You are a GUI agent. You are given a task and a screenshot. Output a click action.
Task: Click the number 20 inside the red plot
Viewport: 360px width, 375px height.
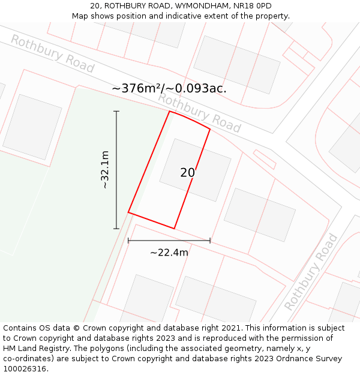pyautogui.click(x=188, y=173)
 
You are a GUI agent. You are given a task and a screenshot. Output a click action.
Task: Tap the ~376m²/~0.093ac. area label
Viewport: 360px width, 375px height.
pyautogui.click(x=169, y=88)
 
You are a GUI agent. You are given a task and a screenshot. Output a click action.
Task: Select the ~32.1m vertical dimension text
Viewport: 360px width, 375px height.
pyautogui.click(x=105, y=170)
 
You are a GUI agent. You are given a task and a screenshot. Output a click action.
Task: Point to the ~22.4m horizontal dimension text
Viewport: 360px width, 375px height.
pyautogui.click(x=169, y=253)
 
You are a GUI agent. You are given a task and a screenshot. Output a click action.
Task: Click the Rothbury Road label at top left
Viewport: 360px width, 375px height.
pyautogui.click(x=52, y=54)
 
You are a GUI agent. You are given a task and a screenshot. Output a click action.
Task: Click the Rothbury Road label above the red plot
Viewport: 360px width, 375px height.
pyautogui.click(x=199, y=113)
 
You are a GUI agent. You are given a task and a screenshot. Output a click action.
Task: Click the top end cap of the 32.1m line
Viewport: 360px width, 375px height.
pyautogui.click(x=116, y=112)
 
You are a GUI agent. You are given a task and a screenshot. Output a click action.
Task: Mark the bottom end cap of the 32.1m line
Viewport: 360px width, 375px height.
pyautogui.click(x=116, y=229)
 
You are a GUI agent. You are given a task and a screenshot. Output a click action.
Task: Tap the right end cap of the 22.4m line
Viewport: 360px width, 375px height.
pyautogui.click(x=210, y=241)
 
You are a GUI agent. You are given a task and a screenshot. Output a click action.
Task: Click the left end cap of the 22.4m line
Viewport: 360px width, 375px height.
pyautogui.click(x=128, y=241)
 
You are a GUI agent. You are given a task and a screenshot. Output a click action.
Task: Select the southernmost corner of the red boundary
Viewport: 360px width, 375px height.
pyautogui.click(x=174, y=229)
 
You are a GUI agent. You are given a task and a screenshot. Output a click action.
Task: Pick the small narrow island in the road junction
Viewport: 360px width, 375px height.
pyautogui.click(x=264, y=159)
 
